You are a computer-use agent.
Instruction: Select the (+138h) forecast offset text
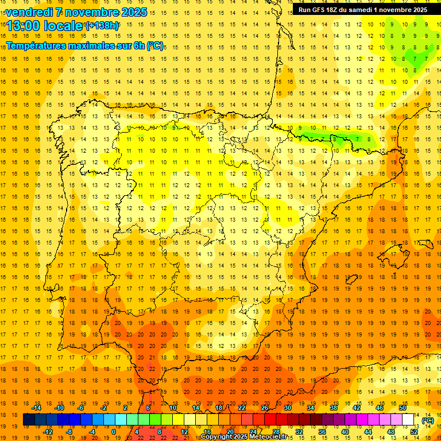tap(102, 26)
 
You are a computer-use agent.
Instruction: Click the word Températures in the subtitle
tap(37, 45)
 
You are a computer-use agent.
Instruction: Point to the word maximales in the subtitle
tap(98, 45)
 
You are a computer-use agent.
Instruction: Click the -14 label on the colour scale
tap(36, 408)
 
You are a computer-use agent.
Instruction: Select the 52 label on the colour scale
tap(414, 431)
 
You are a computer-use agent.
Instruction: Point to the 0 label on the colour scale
tap(114, 431)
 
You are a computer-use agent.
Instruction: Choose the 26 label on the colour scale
tap(265, 408)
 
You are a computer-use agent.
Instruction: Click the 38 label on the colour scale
tap(333, 408)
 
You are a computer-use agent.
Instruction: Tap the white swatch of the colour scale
tap(408, 420)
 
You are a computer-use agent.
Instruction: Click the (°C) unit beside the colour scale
tap(427, 420)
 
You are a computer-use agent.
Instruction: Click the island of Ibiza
tap(349, 280)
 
